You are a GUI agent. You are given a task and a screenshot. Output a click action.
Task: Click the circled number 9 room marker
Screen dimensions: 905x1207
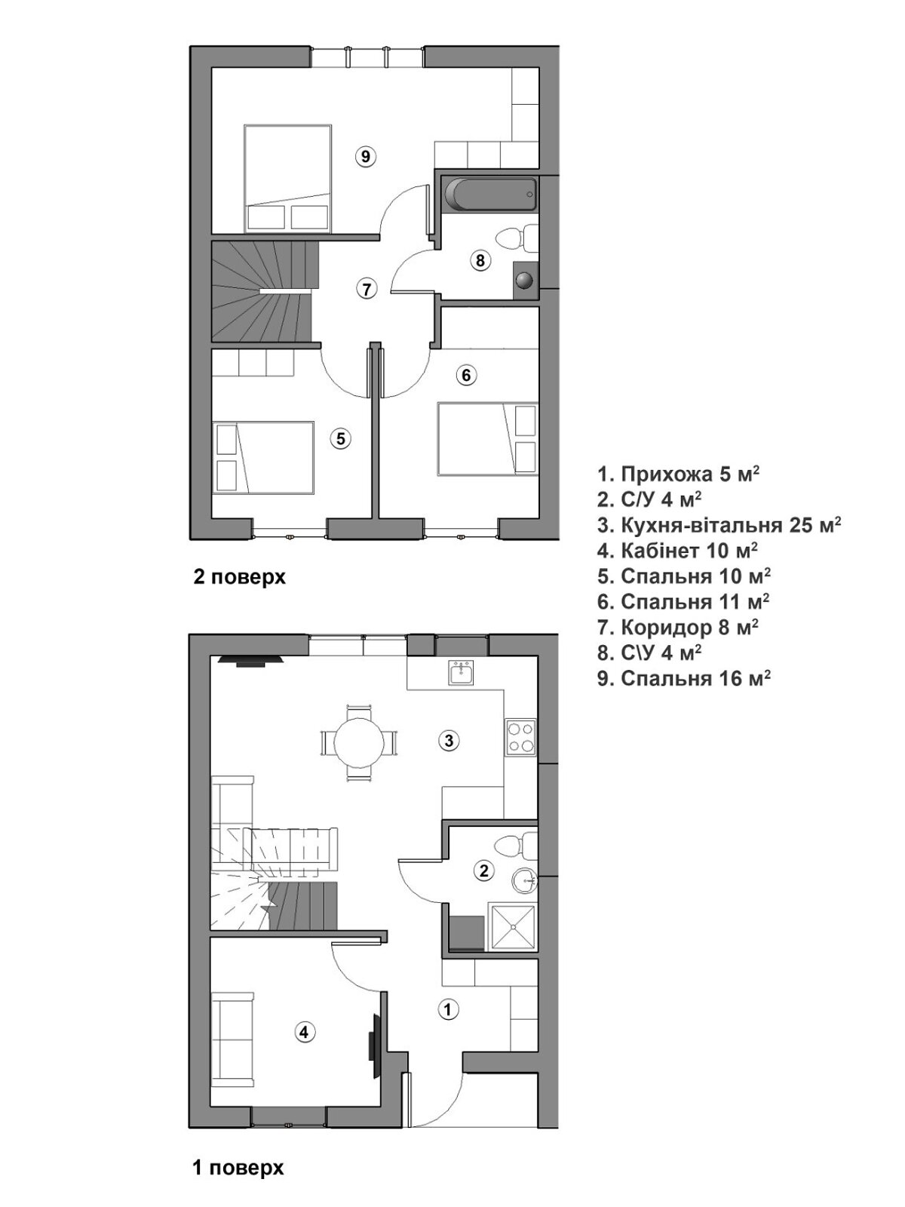[366, 157]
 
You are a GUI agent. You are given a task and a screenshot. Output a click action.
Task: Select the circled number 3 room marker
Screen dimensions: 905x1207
[449, 740]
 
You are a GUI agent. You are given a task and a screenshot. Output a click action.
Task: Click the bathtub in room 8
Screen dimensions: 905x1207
[491, 194]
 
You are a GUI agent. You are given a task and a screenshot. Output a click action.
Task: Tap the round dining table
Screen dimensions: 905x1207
[360, 741]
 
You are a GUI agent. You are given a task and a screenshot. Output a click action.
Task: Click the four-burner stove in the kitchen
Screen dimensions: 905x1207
[520, 737]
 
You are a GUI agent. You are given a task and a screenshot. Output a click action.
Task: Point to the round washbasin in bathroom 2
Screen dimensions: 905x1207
[523, 881]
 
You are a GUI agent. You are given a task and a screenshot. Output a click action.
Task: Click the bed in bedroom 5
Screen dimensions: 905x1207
[263, 457]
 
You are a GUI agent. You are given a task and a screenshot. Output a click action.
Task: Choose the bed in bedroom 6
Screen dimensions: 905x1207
[487, 438]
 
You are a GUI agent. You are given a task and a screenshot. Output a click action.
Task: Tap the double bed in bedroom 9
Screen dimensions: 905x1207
[288, 177]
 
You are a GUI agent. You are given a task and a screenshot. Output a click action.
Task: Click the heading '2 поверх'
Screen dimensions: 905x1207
[239, 578]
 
